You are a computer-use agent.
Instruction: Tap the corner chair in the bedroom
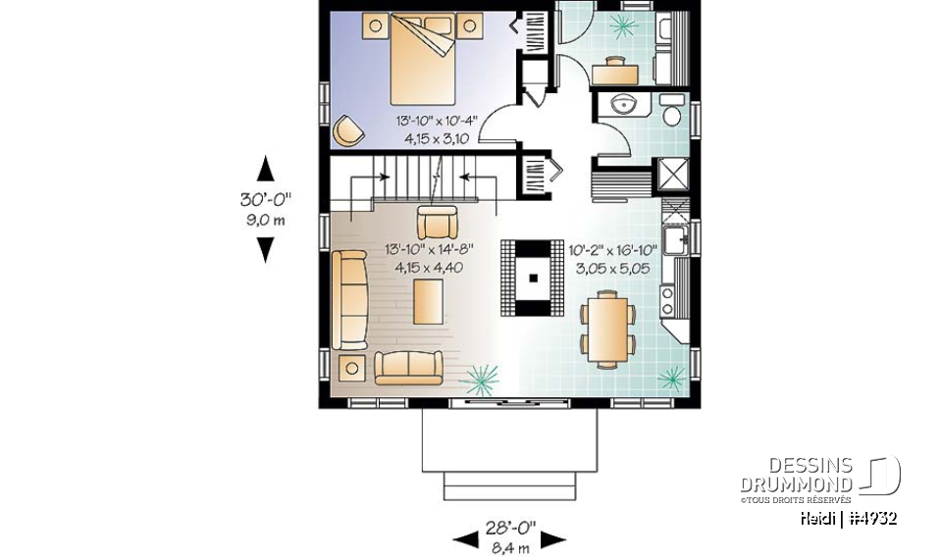[x=346, y=128]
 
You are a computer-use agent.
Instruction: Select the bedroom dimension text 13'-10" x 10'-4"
[x=436, y=121]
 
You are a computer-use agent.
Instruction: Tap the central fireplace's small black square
[x=533, y=278]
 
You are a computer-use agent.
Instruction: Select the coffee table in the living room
[x=428, y=301]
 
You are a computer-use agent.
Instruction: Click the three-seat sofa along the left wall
[x=349, y=299]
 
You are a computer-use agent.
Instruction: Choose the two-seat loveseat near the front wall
[x=409, y=366]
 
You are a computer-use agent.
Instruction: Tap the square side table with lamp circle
[x=350, y=368]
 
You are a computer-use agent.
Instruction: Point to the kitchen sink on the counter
[x=675, y=238]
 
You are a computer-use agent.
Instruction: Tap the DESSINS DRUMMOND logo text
[x=796, y=475]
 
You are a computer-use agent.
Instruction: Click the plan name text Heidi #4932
[x=847, y=518]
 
